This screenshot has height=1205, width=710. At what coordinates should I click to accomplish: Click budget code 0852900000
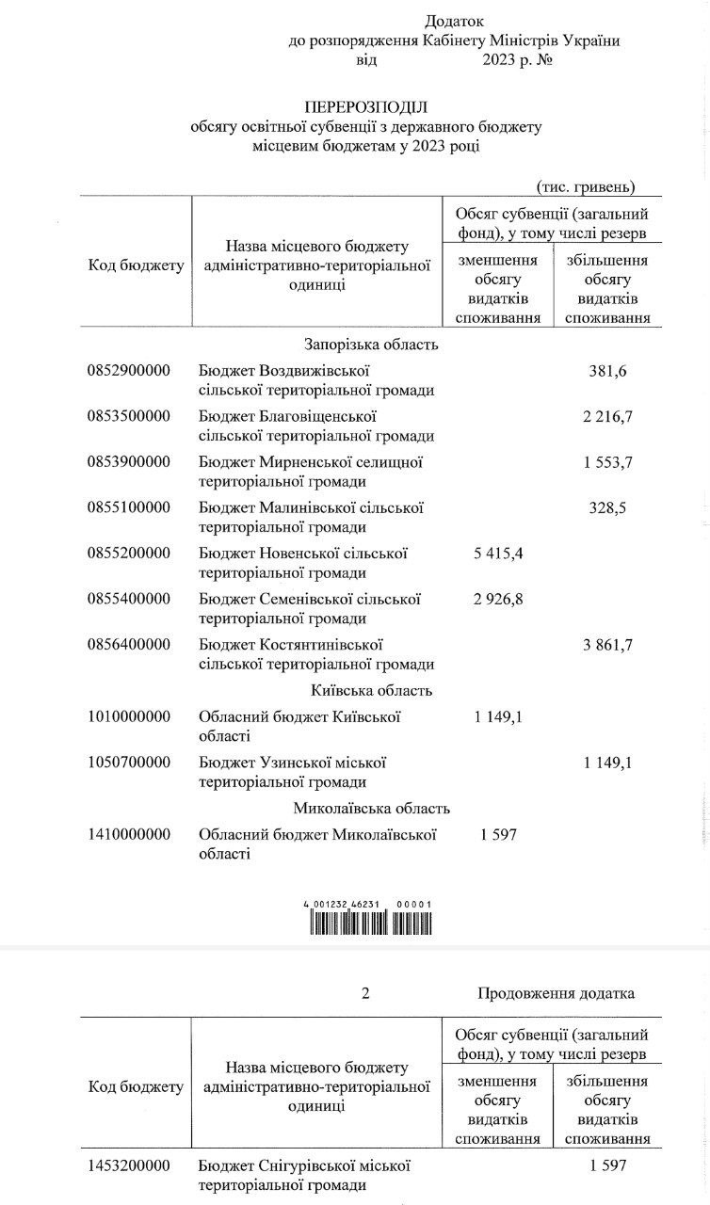(x=128, y=370)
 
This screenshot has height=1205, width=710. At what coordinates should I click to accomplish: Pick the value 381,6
(x=606, y=370)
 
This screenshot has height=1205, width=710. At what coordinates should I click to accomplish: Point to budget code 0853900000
(x=128, y=461)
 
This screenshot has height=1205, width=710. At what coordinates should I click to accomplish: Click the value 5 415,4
(x=496, y=553)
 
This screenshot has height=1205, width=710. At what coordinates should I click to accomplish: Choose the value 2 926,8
(x=496, y=599)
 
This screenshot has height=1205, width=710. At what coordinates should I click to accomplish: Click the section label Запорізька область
(x=370, y=345)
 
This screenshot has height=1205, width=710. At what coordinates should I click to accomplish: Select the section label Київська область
(x=370, y=690)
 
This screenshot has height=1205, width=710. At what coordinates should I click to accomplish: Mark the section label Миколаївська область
(x=371, y=808)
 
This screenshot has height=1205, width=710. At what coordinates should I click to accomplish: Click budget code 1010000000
(x=128, y=716)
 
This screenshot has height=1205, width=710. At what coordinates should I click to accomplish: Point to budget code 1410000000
(x=128, y=834)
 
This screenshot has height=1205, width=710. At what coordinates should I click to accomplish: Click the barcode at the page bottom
(x=367, y=920)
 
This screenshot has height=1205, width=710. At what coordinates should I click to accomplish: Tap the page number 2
(x=365, y=993)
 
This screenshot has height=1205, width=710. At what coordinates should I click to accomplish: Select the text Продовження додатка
(x=556, y=993)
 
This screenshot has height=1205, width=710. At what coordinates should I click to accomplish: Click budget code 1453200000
(x=128, y=1166)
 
